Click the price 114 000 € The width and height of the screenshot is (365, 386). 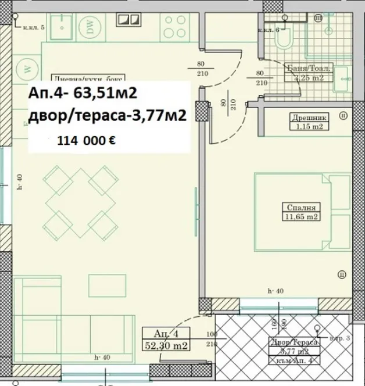coord(85,140)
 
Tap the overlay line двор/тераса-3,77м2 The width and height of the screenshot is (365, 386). coord(107,116)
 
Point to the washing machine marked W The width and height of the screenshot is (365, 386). coord(27,67)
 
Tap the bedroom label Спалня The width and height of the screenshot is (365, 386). coord(301,207)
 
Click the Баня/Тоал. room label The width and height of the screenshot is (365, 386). coord(309,67)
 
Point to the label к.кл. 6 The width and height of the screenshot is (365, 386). coord(269,30)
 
